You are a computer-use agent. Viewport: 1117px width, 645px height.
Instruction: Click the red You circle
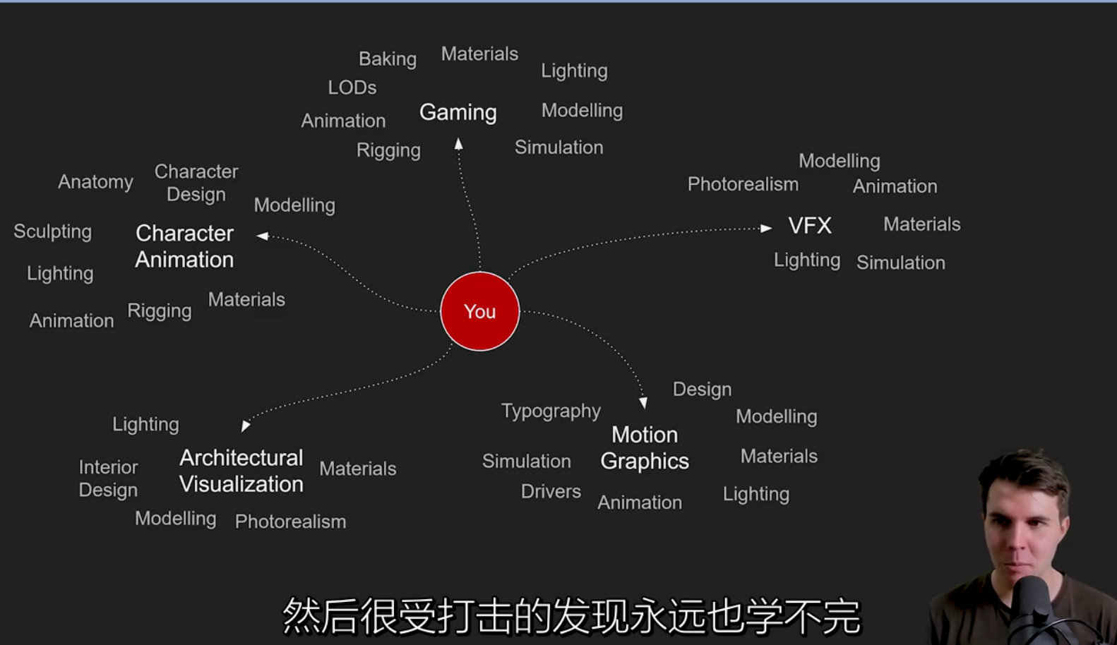pos(480,311)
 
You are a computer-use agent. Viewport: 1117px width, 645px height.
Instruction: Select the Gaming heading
pos(458,112)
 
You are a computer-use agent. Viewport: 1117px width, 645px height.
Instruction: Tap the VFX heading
pos(810,226)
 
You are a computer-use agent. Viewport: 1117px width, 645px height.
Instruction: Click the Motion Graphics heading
pos(645,447)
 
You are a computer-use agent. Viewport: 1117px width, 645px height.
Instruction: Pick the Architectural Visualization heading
pos(241,471)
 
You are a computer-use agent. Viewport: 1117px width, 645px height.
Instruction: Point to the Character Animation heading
pos(184,246)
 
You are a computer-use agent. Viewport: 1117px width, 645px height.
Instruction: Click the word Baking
pos(388,59)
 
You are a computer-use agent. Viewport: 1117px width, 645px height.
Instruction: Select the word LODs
pos(352,88)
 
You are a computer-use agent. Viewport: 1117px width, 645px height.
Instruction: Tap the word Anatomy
pos(95,182)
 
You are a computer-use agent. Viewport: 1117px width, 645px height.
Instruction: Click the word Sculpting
pos(53,231)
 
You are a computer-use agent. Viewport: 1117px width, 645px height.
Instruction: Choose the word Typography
pos(551,411)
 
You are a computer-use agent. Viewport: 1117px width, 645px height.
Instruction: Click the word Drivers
pos(551,491)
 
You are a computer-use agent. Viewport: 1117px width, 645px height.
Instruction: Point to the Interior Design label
pos(108,478)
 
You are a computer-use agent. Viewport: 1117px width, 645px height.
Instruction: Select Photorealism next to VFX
pos(743,184)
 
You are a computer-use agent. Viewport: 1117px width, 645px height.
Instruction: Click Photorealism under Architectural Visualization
pos(290,522)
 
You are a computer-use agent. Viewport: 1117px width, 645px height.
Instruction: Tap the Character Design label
pos(196,183)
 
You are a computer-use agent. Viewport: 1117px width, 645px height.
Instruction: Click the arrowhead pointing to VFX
pos(766,228)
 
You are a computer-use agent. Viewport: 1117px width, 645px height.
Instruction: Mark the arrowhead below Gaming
pos(459,145)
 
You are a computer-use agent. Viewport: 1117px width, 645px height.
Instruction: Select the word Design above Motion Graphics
pos(702,390)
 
